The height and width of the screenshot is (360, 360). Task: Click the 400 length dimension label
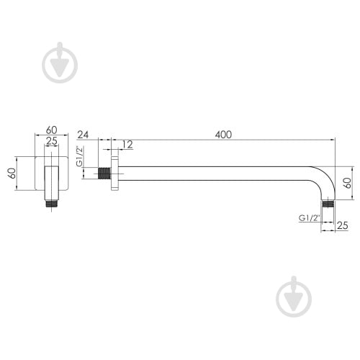223,135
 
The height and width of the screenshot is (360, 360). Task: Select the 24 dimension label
83,135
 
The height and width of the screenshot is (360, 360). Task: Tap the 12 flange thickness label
127,145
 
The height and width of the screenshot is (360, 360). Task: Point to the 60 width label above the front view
52,130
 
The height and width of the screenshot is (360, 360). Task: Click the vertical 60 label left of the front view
12,173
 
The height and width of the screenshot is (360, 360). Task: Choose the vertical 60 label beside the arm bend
347,183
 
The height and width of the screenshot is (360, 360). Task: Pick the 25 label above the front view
52,141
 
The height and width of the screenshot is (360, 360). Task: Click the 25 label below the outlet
343,225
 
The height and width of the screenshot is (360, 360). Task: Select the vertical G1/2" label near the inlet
79,156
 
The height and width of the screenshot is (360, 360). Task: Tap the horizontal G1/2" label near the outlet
310,218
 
